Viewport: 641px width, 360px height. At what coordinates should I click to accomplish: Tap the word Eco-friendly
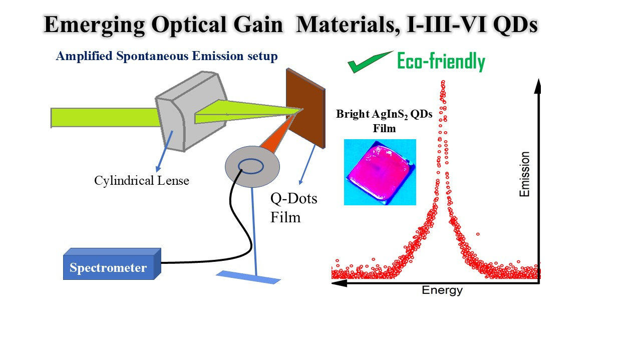(441, 62)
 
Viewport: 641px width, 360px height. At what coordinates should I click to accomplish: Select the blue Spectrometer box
(111, 266)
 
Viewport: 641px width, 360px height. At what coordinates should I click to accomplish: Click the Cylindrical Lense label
(142, 181)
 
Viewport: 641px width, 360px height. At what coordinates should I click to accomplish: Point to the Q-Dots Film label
(293, 208)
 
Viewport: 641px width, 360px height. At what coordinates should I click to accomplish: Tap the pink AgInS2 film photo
(380, 172)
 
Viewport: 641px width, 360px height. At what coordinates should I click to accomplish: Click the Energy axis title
(442, 290)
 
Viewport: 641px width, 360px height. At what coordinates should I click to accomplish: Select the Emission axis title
(524, 174)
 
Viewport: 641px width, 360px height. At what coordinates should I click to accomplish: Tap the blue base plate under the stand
(248, 277)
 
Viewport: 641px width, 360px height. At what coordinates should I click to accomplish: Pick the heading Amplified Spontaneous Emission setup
(166, 56)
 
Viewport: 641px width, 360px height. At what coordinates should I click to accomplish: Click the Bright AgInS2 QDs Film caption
(384, 120)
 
